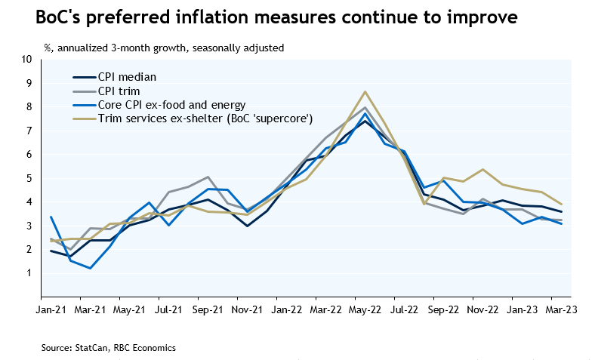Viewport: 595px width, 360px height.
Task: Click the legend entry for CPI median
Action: click(x=131, y=77)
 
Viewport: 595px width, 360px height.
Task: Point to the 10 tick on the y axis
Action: click(x=27, y=59)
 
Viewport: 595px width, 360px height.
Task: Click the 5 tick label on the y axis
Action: click(x=29, y=178)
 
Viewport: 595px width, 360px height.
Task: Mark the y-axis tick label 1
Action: click(x=29, y=273)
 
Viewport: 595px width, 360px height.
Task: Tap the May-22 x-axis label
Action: click(x=365, y=309)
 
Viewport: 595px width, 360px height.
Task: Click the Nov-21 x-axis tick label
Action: click(x=248, y=309)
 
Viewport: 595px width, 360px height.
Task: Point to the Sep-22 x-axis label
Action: click(x=444, y=309)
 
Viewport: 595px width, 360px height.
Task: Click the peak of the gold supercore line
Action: click(x=365, y=92)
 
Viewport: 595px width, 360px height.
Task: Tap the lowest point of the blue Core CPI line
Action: click(x=91, y=268)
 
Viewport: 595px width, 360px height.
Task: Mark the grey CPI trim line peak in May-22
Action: click(x=365, y=107)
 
